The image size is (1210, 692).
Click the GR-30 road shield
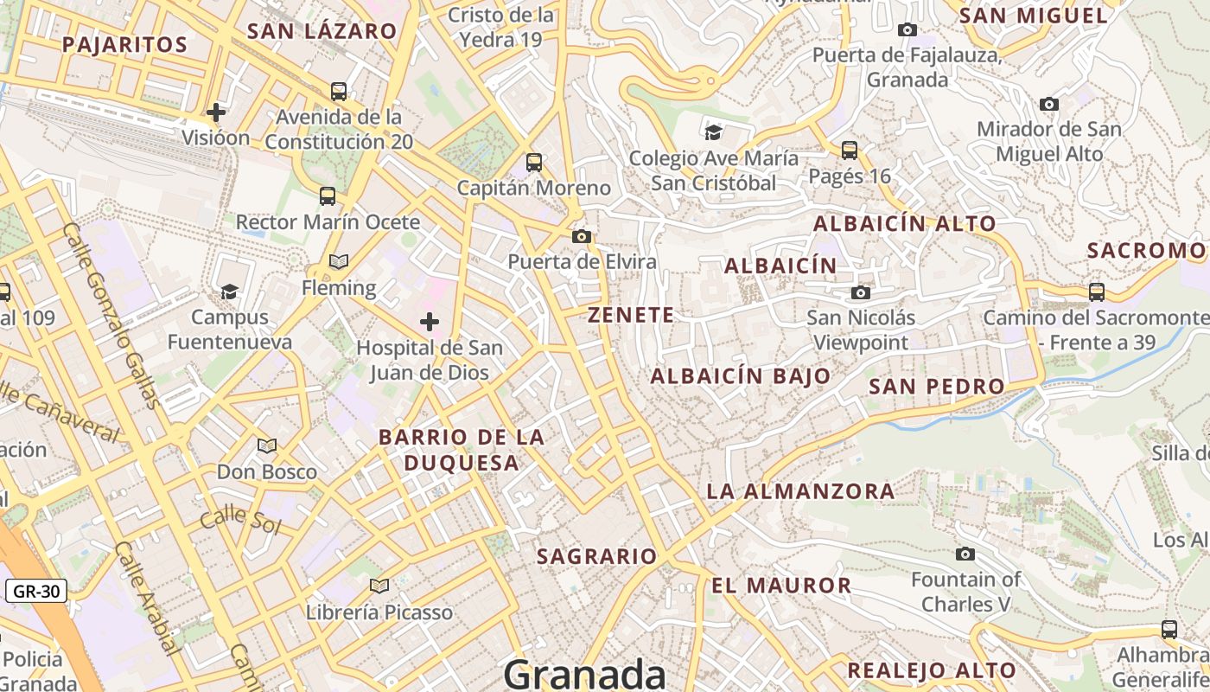click(36, 592)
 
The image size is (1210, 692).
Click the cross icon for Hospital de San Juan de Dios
click(430, 323)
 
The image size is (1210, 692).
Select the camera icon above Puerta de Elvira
click(582, 236)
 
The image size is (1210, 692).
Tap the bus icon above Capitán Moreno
click(534, 162)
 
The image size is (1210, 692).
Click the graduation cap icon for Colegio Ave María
click(713, 132)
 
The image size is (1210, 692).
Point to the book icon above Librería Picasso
click(379, 586)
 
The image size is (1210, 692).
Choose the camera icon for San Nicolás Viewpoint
click(860, 292)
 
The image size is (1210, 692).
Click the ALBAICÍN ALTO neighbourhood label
click(904, 223)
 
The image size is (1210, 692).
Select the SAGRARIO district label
click(596, 556)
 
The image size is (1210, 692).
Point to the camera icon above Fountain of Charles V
click(965, 554)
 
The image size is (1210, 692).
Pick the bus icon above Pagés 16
click(850, 151)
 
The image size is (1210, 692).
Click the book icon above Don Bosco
click(267, 446)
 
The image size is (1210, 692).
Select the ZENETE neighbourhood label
click(631, 315)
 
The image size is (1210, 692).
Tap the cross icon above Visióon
click(216, 112)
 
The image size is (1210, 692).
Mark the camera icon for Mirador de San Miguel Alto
click(1049, 105)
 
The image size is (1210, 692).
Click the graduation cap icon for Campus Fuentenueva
click(229, 292)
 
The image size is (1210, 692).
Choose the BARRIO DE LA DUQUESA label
click(462, 450)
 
